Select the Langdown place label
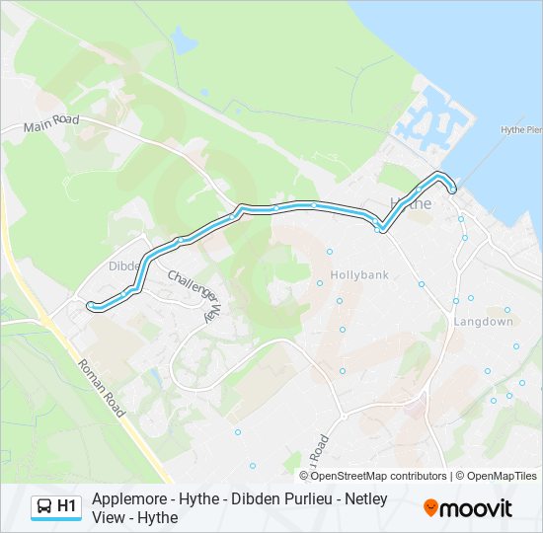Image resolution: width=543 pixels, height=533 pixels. [483, 322]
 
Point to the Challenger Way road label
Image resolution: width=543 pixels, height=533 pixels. [194, 293]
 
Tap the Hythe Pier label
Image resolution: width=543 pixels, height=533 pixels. [521, 129]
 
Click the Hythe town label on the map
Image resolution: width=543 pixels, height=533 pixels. [412, 203]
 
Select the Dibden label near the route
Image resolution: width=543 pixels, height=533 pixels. [125, 266]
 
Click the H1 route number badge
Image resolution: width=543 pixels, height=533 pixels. [66, 506]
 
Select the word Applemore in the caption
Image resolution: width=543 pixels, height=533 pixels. [126, 499]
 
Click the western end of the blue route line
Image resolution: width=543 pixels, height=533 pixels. [90, 305]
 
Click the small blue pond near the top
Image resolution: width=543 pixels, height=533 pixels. [184, 40]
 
